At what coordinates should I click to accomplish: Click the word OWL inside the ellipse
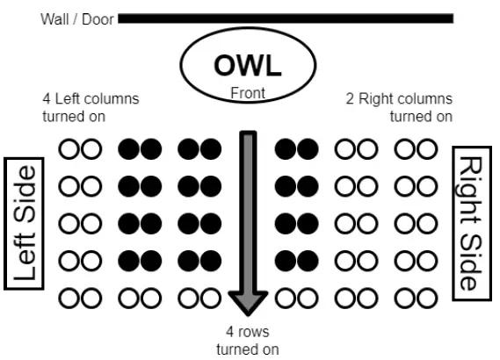[x=248, y=65]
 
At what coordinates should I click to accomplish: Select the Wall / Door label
[x=77, y=18]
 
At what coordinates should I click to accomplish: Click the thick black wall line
[x=286, y=18]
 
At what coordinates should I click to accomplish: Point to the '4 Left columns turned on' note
[x=90, y=107]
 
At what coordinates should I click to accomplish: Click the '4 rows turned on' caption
[x=249, y=341]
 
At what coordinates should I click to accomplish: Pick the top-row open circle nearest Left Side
[x=69, y=150]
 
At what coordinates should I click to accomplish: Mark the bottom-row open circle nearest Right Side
[x=427, y=299]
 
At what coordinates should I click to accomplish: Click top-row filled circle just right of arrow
[x=285, y=150]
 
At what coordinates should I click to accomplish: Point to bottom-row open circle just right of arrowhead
[x=285, y=299]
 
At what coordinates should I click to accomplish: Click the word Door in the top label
[x=98, y=18]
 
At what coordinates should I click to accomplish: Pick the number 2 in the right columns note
[x=351, y=99]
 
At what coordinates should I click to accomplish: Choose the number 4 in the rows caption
[x=230, y=333]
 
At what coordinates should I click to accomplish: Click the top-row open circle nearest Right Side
[x=427, y=150]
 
